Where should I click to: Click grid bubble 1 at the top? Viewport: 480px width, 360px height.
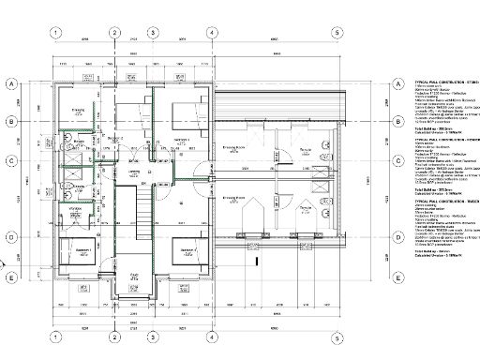(x=57, y=33)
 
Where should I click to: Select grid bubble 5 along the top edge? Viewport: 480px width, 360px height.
(x=337, y=33)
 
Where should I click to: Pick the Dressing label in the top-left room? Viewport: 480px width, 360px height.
(x=80, y=111)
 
